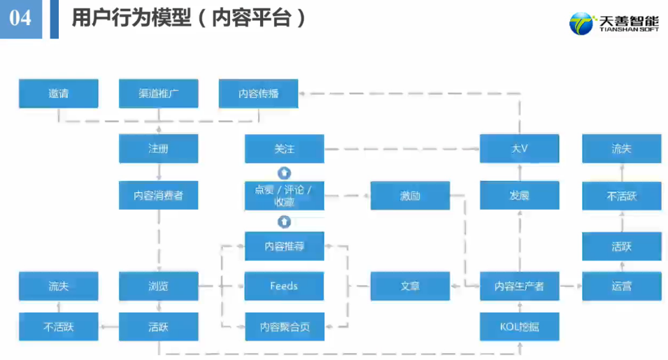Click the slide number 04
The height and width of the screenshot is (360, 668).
point(20,17)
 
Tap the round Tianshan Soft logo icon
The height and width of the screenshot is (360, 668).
point(582,24)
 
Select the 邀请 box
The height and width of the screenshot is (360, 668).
point(58,94)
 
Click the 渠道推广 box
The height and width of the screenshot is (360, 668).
point(159,94)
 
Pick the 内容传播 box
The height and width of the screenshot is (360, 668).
point(259,94)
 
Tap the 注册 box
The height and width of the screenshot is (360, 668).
point(159,149)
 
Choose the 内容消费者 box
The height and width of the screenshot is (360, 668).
point(159,195)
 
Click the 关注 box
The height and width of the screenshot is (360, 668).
point(284,149)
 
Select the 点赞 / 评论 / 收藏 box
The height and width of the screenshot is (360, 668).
point(284,195)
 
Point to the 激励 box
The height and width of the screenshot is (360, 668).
point(410,195)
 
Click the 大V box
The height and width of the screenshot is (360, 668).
point(519,149)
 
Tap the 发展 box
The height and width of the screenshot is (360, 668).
point(519,195)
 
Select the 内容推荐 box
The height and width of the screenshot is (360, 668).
point(284,246)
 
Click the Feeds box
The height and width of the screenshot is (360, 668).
point(284,286)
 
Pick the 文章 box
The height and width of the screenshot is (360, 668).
point(410,286)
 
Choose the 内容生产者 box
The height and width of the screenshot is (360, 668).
point(519,286)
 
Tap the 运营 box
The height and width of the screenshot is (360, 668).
point(621,286)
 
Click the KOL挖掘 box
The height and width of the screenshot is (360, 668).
point(519,326)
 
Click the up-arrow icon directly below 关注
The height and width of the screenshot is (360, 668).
point(284,173)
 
